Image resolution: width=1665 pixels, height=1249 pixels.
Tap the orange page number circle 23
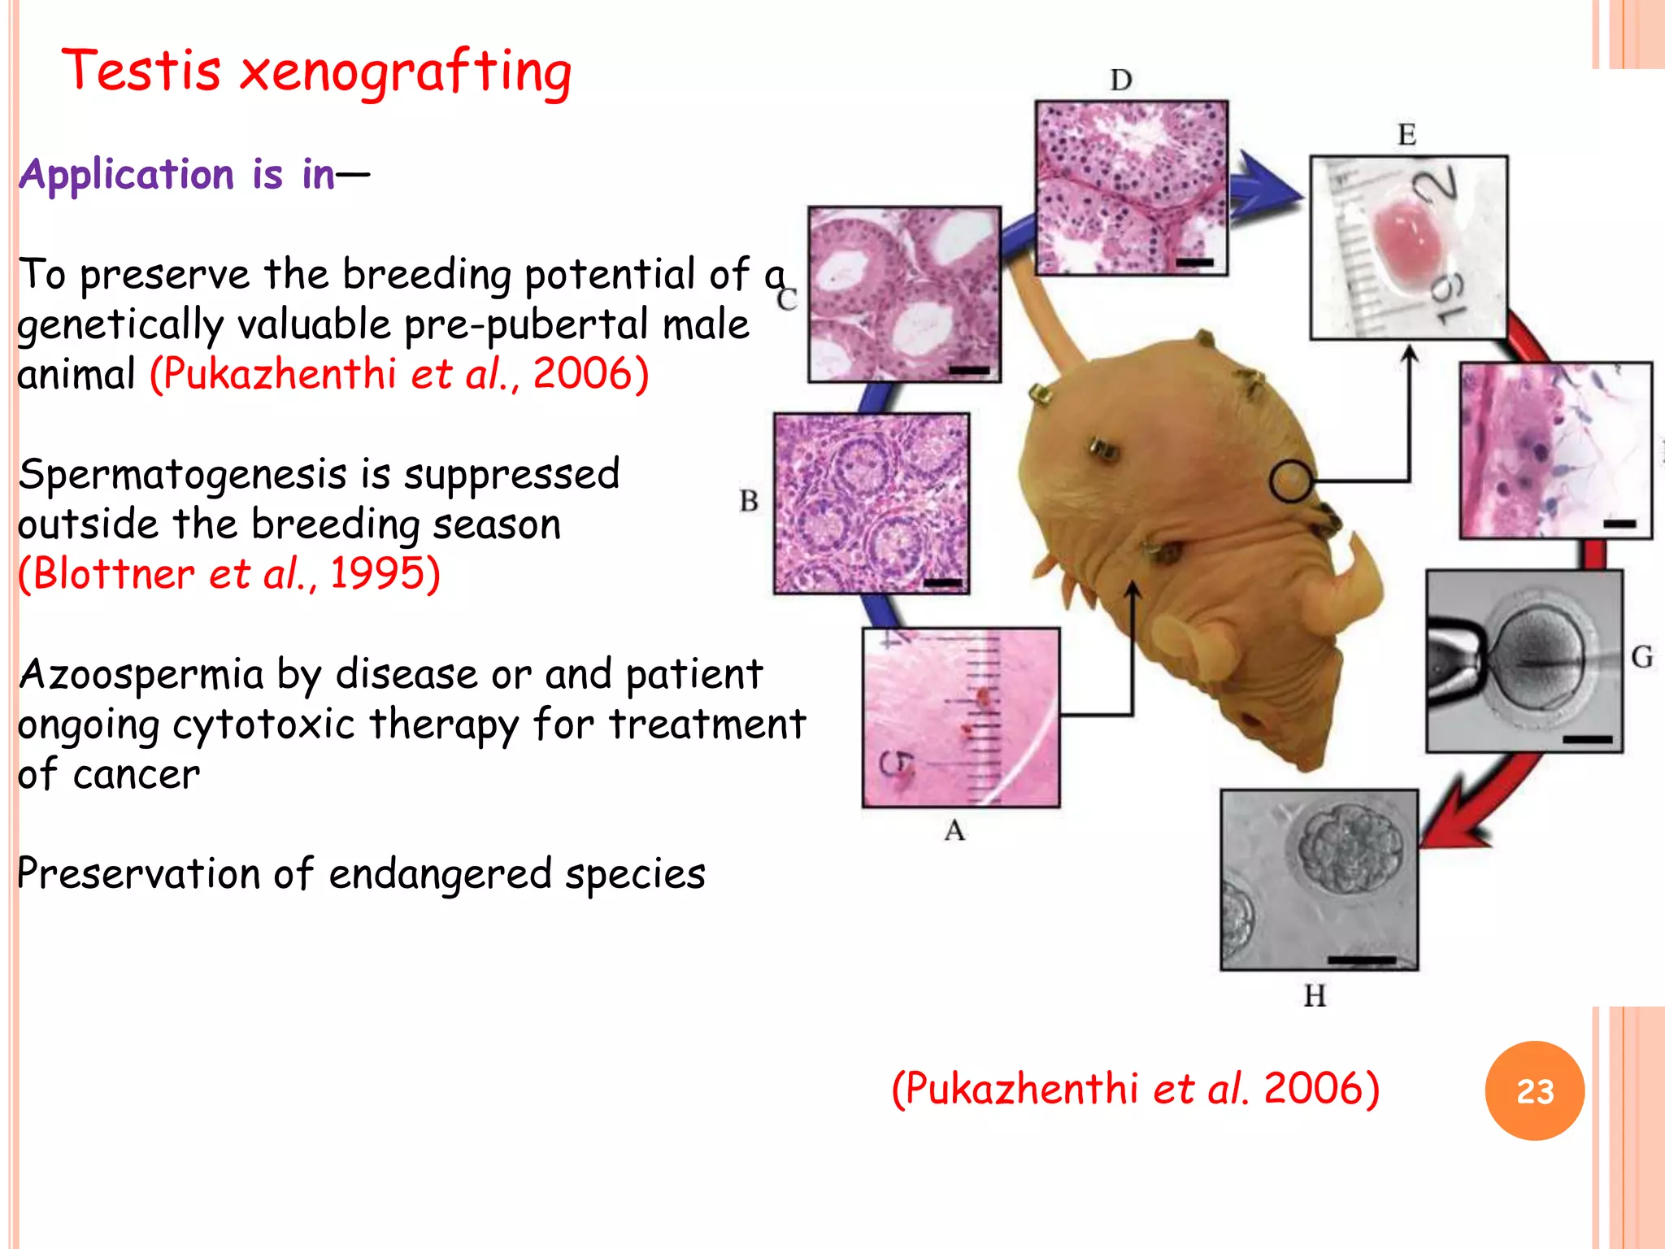(1534, 1090)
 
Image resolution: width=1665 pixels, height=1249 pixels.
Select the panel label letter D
(1121, 80)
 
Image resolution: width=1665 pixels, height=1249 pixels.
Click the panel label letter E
(1406, 135)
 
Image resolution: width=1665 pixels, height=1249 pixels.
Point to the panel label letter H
(1315, 995)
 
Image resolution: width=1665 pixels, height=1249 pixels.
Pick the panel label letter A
(954, 830)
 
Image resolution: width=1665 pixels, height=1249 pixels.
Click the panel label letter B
(749, 500)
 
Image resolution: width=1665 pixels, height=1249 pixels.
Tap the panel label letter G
(1641, 656)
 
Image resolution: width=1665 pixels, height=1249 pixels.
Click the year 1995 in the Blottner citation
(377, 573)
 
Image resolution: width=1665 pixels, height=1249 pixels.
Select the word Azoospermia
(141, 674)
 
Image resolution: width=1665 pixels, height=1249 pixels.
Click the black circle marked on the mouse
(1290, 481)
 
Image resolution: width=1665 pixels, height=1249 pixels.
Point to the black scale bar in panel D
(1193, 262)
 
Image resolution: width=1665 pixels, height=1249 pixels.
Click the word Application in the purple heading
(127, 174)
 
